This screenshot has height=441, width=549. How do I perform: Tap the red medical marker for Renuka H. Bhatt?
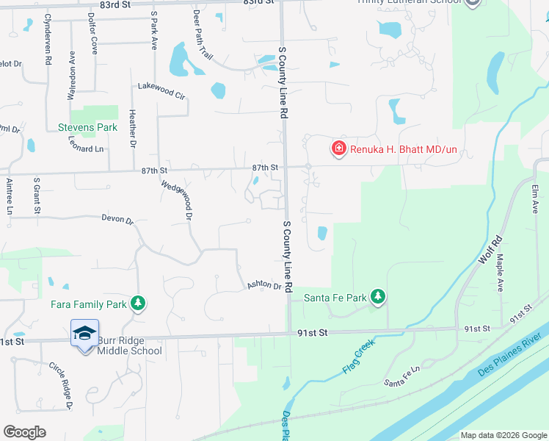(x=338, y=149)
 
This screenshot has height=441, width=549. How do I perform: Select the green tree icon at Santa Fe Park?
(x=377, y=297)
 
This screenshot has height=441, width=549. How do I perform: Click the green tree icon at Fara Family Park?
(x=137, y=303)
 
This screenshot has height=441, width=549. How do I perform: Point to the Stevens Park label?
(x=87, y=127)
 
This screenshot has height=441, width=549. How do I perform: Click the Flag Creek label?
(x=357, y=356)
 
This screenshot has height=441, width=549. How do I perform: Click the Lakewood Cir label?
(x=162, y=91)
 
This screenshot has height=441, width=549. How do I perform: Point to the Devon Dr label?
(x=117, y=219)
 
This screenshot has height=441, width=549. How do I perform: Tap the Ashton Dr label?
(x=264, y=285)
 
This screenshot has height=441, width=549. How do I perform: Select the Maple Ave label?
(x=500, y=273)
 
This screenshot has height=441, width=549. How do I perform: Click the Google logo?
(x=24, y=432)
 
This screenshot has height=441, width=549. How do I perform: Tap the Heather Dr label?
(x=133, y=129)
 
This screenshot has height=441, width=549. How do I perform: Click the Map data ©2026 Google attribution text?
(x=502, y=435)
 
